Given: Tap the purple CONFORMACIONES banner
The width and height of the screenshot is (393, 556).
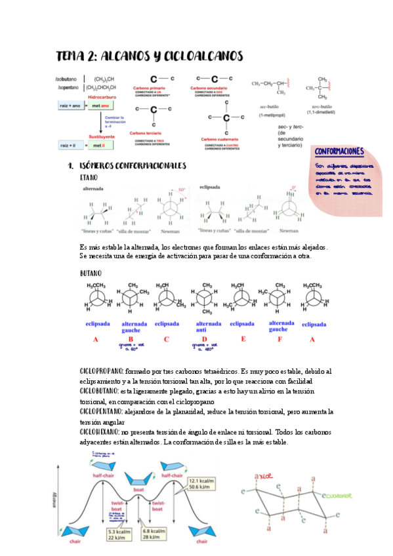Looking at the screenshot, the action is tap(340, 151).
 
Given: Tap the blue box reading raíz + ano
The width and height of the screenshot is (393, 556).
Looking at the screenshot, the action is tap(70, 105).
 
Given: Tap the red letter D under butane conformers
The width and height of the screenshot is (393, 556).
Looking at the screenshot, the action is tap(205, 339).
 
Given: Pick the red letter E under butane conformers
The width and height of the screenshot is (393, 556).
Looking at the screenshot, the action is tap(243, 339).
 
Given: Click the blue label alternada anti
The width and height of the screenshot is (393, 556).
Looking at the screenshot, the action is tap(209, 326).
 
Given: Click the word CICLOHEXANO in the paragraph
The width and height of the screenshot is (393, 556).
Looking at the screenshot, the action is tap(99, 432).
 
